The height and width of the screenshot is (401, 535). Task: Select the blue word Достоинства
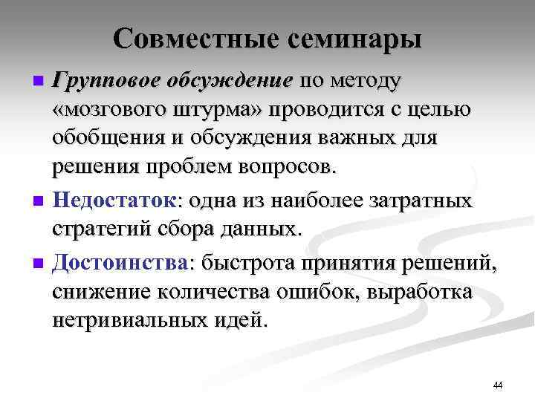(121, 262)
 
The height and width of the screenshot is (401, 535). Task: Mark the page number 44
(498, 385)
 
